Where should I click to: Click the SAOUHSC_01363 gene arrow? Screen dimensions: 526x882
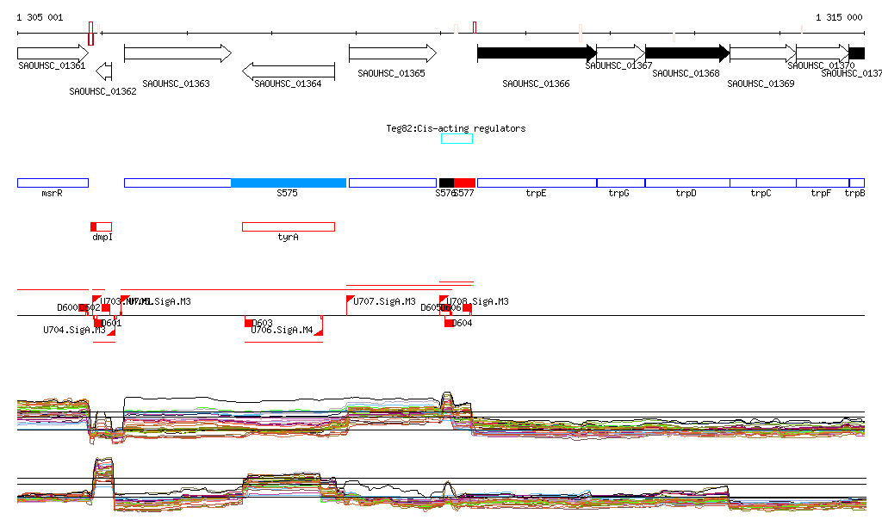(177, 53)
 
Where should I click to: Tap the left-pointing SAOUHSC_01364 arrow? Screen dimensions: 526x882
(289, 71)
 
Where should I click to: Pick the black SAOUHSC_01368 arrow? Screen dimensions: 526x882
(687, 53)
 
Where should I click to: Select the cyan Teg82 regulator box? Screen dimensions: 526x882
(457, 139)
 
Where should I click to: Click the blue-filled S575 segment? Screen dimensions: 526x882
(289, 183)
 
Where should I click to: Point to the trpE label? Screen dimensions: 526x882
(537, 194)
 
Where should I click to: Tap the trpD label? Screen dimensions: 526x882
(686, 194)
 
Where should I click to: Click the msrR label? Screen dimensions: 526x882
(52, 194)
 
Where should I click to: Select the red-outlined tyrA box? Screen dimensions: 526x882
(288, 226)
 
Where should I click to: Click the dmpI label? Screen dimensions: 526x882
(102, 237)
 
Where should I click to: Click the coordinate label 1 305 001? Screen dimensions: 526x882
(40, 17)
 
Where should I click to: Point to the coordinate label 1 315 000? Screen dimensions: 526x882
(838, 17)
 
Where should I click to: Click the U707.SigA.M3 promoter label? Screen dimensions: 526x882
(385, 302)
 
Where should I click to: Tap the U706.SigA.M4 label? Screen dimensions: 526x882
(282, 330)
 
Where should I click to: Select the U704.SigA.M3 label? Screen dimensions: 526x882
(74, 330)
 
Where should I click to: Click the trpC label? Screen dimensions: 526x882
(761, 194)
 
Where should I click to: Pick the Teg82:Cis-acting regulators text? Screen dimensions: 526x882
(456, 128)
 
